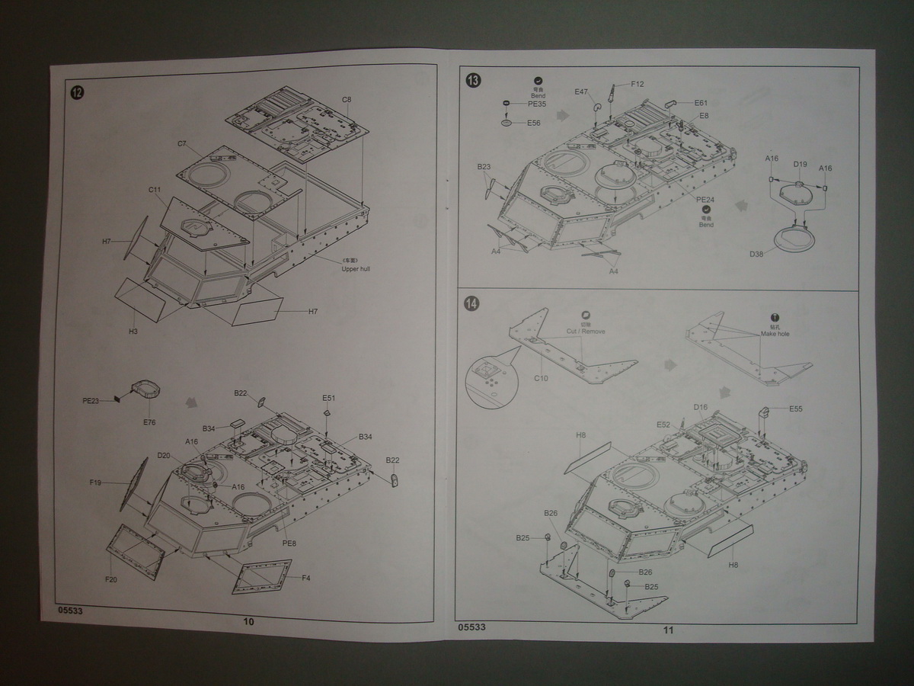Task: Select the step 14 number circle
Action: [472, 304]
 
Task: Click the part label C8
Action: [347, 100]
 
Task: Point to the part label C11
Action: [155, 190]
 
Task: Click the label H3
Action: [133, 332]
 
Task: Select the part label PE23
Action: [91, 400]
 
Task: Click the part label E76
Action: [149, 422]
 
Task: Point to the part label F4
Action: [305, 578]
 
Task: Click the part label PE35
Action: [537, 104]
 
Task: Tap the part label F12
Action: [638, 84]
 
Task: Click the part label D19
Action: [799, 164]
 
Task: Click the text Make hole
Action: [775, 334]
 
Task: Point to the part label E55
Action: [795, 409]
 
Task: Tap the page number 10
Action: [248, 621]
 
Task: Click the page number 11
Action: [668, 630]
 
